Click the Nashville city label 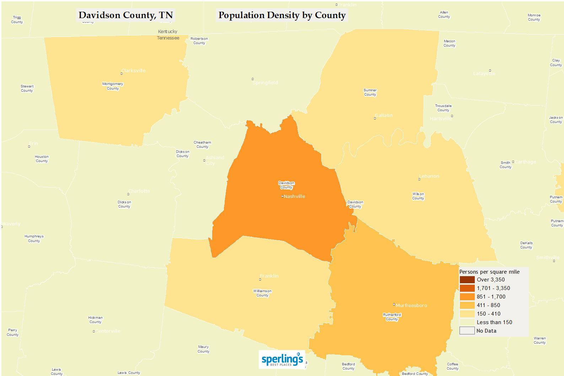(x=294, y=197)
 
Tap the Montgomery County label (x=113, y=86)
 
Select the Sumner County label (x=370, y=92)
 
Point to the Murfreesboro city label (x=411, y=306)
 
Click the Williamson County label (x=262, y=293)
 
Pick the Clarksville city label (x=134, y=71)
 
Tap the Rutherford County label (x=392, y=317)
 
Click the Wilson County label (x=418, y=196)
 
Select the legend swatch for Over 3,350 (x=467, y=280)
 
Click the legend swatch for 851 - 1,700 (x=467, y=297)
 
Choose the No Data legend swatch (x=467, y=331)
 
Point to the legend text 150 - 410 (x=489, y=314)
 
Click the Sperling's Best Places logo (x=282, y=359)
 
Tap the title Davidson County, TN (x=126, y=15)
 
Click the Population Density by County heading (x=282, y=15)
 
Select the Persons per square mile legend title (x=489, y=272)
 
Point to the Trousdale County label (x=443, y=108)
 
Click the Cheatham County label (x=202, y=145)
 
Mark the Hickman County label (x=95, y=320)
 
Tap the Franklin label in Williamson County (x=269, y=276)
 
